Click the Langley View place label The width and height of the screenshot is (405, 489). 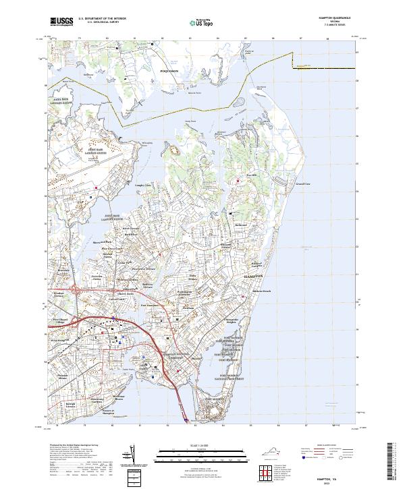point(144,184)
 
